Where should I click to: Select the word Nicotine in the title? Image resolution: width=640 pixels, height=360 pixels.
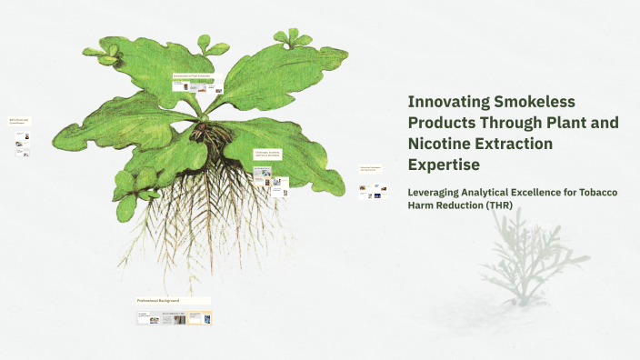click(x=442, y=144)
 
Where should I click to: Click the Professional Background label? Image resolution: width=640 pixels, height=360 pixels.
click(x=158, y=300)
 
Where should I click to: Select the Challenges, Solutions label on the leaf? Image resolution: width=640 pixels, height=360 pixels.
click(x=267, y=155)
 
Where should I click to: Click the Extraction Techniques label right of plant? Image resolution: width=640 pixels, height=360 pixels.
click(x=370, y=169)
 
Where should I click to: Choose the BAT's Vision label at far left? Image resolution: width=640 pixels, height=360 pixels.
click(x=19, y=121)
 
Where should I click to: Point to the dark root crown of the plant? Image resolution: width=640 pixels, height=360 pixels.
click(x=215, y=136)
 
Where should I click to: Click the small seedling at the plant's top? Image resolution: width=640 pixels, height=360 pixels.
click(x=291, y=37)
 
